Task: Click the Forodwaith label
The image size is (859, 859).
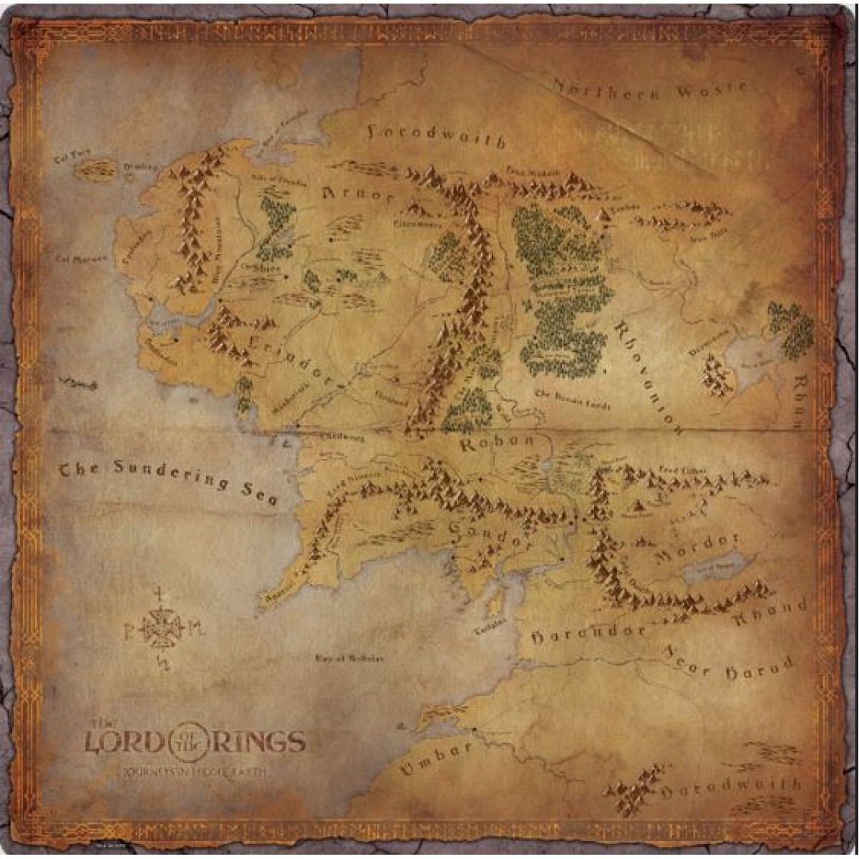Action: (x=437, y=135)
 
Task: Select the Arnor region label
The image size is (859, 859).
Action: (x=358, y=194)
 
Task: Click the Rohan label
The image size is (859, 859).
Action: (x=498, y=443)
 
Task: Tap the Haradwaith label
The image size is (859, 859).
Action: (x=732, y=787)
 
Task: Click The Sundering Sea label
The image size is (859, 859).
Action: (x=168, y=480)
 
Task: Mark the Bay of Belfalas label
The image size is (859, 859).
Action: (x=350, y=659)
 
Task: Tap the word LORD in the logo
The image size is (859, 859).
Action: (x=126, y=742)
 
